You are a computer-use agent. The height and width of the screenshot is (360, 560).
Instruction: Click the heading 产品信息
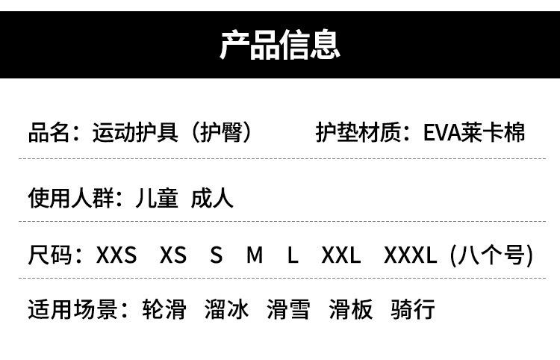[x=280, y=44]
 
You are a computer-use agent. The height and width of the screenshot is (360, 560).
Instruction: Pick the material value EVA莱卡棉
[x=474, y=132]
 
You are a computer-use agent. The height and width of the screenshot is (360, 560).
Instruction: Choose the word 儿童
[x=157, y=197]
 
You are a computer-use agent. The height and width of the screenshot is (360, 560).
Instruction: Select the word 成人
[x=212, y=197]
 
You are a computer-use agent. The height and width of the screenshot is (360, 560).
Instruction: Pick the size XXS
[x=116, y=255]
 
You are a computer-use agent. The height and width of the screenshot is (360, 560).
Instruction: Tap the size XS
[x=173, y=255]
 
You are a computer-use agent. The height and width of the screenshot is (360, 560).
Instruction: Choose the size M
[x=255, y=255]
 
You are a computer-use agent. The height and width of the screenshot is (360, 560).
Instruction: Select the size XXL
[x=341, y=255]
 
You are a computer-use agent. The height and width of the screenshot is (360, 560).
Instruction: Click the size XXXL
[x=410, y=255]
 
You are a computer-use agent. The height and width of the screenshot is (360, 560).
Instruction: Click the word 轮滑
[x=164, y=309]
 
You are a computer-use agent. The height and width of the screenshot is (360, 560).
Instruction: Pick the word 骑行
[x=412, y=309]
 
